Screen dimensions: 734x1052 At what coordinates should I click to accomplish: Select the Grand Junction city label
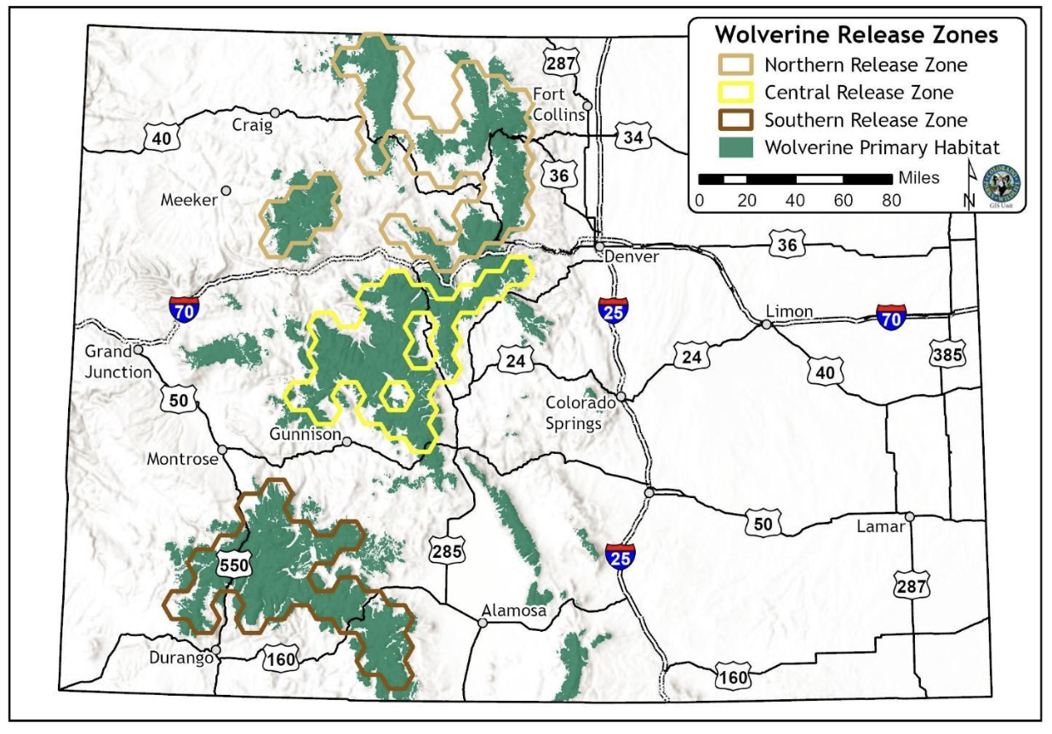117,362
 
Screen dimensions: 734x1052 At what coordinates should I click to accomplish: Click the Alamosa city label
513,610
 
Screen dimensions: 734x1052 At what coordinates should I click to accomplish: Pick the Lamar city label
881,526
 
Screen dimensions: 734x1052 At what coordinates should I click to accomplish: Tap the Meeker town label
189,201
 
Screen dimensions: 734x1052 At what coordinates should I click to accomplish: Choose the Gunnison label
305,434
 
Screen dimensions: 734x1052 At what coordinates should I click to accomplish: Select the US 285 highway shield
446,551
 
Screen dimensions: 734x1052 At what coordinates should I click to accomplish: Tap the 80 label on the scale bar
892,201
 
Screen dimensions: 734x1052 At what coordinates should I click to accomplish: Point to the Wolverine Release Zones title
855,36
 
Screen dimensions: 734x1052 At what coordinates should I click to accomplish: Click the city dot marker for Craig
275,112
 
